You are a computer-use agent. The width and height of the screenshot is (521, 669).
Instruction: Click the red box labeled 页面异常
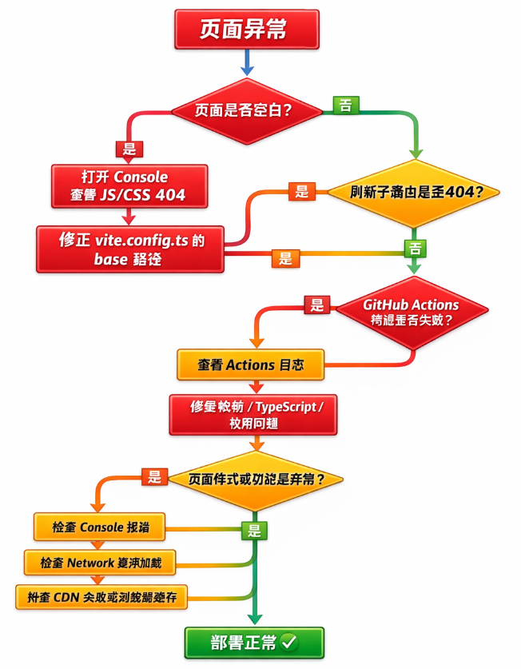pyautogui.click(x=246, y=30)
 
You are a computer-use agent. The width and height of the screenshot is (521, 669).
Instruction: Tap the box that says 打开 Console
pyautogui.click(x=129, y=185)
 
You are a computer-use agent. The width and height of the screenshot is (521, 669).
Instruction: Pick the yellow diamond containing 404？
pyautogui.click(x=412, y=193)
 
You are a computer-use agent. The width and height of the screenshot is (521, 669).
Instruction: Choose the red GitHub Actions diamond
pyautogui.click(x=412, y=313)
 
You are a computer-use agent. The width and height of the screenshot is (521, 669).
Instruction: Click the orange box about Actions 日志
pyautogui.click(x=250, y=365)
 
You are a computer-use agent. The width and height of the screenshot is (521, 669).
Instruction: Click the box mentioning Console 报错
pyautogui.click(x=99, y=528)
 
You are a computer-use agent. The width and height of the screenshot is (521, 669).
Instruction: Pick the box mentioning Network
pyautogui.click(x=101, y=563)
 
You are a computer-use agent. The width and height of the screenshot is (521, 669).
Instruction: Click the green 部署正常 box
pyautogui.click(x=254, y=642)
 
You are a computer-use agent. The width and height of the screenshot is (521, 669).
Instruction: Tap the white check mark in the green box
pyautogui.click(x=288, y=641)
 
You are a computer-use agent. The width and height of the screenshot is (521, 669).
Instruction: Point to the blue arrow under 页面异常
pyautogui.click(x=247, y=62)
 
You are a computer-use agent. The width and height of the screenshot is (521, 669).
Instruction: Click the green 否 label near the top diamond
pyautogui.click(x=345, y=105)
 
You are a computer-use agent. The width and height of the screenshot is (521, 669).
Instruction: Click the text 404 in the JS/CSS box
pyautogui.click(x=169, y=195)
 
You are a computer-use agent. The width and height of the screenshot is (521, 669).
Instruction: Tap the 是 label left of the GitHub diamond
pyautogui.click(x=317, y=305)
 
